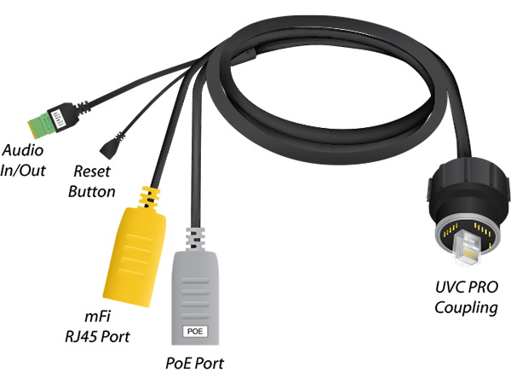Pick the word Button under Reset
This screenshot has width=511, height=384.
pos(91,191)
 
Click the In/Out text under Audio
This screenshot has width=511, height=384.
pos(24,168)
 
